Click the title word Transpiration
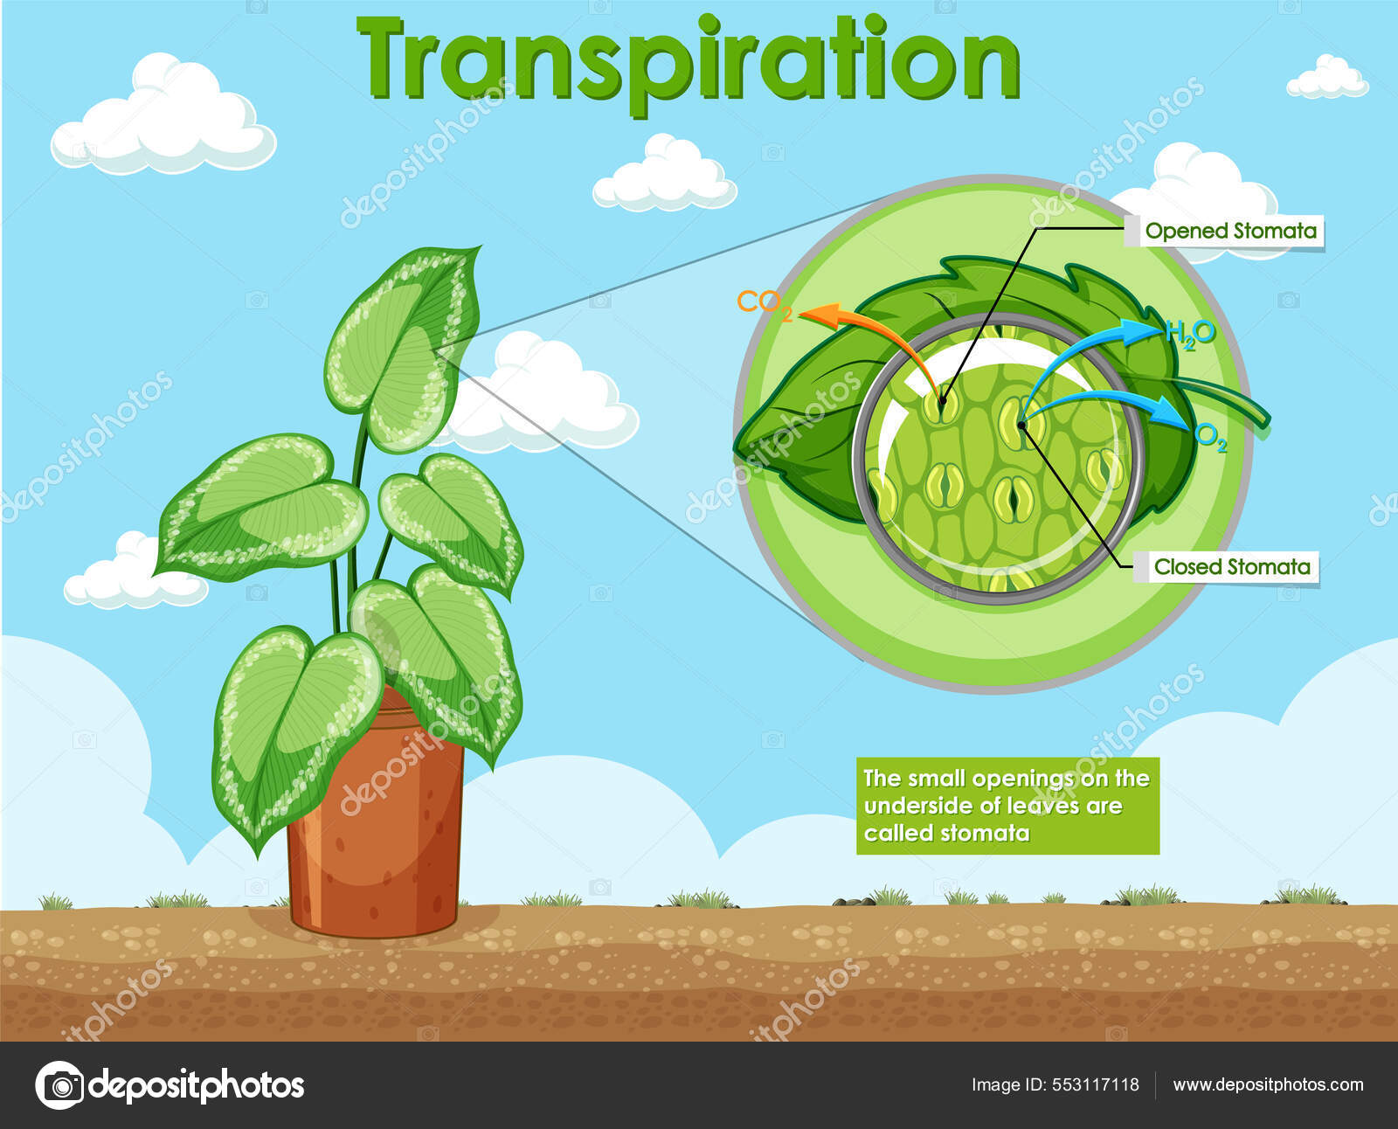point(688,59)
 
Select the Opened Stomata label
point(1230,231)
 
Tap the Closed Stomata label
point(1231,566)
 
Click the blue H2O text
point(1190,333)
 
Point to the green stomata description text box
point(1007,805)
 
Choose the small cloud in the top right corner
point(1326,78)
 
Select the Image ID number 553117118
point(1095,1084)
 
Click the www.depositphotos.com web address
point(1267,1084)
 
